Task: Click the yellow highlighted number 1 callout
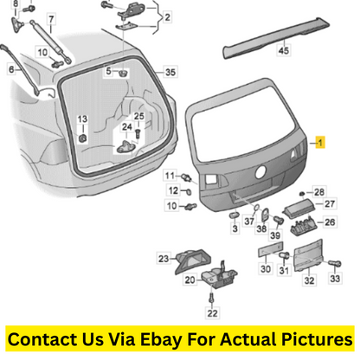(320, 142)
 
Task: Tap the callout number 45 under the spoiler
(283, 50)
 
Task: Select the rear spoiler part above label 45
(276, 37)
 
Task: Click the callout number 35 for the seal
(170, 72)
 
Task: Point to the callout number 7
(51, 20)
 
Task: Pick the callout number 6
(11, 69)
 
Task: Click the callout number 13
(82, 119)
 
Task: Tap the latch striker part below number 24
(126, 146)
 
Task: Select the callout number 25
(138, 116)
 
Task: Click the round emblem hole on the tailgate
(260, 171)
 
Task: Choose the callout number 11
(170, 176)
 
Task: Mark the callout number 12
(173, 190)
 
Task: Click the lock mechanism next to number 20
(219, 277)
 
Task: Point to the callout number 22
(212, 313)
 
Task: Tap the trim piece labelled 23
(193, 261)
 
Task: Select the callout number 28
(319, 192)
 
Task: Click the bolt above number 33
(335, 263)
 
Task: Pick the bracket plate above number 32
(308, 255)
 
